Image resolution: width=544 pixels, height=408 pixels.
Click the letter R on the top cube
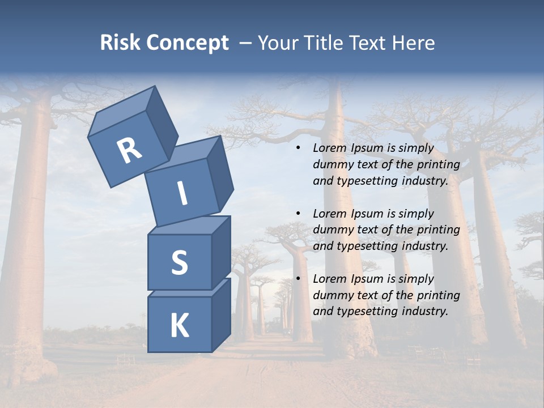coord(129,151)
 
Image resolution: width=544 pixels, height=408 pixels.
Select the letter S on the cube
coord(179,262)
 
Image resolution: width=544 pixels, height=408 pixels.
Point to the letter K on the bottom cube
coord(179,326)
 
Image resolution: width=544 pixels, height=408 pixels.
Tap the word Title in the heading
coord(324,43)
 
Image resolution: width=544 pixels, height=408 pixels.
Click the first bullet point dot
coord(298,148)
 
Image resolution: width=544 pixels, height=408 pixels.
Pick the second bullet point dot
coord(298,214)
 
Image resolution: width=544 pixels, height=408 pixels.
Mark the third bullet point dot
coord(298,279)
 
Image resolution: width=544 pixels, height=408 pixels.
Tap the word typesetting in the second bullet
coord(364,246)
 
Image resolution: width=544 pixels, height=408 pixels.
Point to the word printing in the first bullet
coord(438,165)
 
